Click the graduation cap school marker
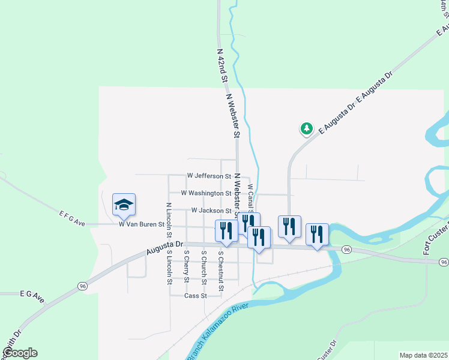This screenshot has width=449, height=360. click(x=124, y=205)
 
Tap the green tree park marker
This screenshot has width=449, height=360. click(x=307, y=128)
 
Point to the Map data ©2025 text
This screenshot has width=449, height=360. click(x=423, y=355)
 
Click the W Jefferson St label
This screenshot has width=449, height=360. click(x=209, y=176)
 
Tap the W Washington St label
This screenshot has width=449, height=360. click(x=206, y=194)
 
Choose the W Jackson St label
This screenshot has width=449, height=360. click(x=211, y=211)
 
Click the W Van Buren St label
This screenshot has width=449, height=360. click(x=141, y=224)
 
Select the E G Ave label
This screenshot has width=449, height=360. click(x=32, y=295)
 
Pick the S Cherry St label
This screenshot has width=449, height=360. click(x=187, y=265)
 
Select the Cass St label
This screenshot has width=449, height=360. click(x=196, y=296)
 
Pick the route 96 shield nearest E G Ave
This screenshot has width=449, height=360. click(x=82, y=287)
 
